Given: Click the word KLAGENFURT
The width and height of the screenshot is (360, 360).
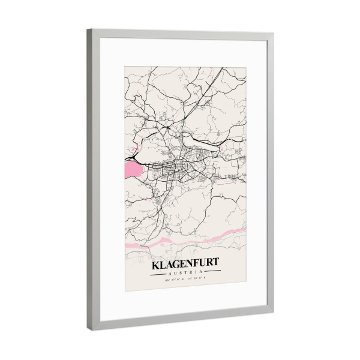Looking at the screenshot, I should (185, 264).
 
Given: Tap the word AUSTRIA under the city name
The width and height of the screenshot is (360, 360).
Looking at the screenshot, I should (185, 273).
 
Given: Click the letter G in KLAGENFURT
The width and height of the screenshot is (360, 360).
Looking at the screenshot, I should (176, 264).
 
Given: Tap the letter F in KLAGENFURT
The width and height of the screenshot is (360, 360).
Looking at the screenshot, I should (196, 264).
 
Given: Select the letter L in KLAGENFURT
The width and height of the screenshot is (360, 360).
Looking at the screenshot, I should (163, 264).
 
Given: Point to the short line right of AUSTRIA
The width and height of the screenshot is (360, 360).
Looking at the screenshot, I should (211, 273).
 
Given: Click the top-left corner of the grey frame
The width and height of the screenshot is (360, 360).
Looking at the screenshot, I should (88, 29).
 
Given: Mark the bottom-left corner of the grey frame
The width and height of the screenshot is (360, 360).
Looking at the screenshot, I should (89, 329).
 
